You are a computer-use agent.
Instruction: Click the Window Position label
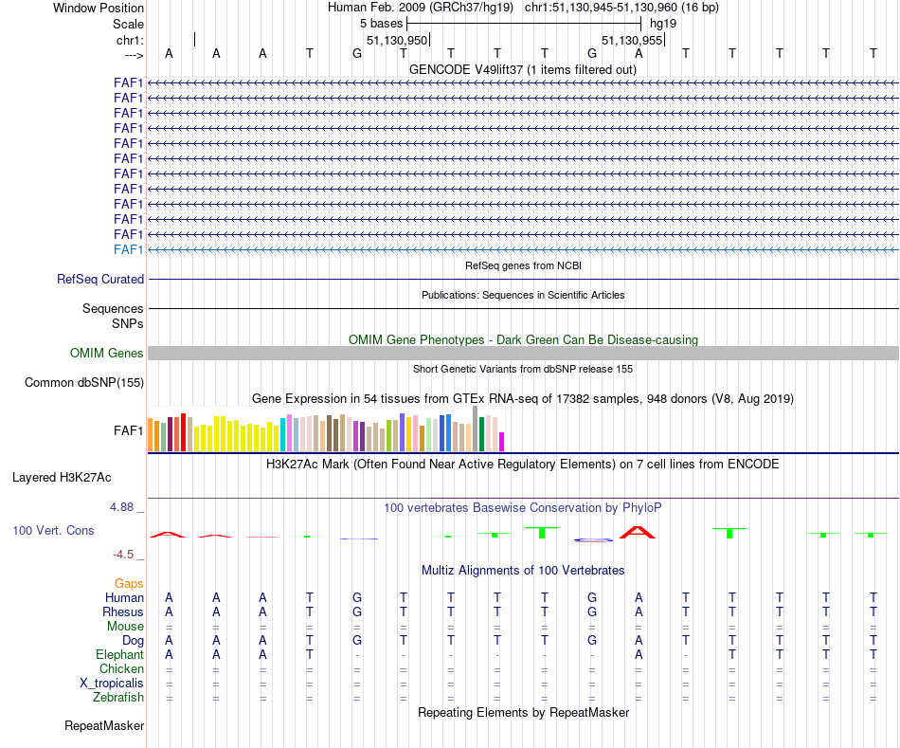point(99,8)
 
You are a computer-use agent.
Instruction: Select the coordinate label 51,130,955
point(632,41)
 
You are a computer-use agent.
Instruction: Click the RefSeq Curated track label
point(100,280)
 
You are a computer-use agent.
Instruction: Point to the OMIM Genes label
point(107,354)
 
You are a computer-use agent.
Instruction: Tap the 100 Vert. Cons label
point(53,531)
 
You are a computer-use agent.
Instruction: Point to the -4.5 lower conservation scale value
point(125,555)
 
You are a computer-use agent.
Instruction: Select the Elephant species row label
point(119,655)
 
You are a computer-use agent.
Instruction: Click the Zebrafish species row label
point(118,698)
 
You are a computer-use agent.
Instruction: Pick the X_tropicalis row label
point(112,684)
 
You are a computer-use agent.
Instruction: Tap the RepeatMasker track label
point(104,726)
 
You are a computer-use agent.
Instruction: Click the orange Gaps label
point(129,584)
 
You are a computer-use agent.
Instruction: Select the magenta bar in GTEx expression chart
point(502,442)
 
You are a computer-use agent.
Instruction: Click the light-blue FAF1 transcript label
point(128,249)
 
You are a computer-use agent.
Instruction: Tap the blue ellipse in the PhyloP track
point(593,540)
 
